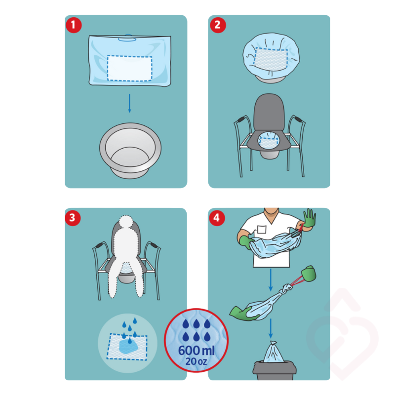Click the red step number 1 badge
[74, 25]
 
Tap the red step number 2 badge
[218, 25]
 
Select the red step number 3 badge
[73, 218]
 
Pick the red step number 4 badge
[217, 218]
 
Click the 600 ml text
[196, 351]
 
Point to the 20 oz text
[196, 361]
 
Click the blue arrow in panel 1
[129, 103]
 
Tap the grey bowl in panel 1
[130, 151]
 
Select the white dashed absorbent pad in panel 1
[129, 68]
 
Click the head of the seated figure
[126, 222]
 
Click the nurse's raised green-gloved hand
[309, 219]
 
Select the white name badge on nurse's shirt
[262, 230]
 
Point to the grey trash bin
[275, 371]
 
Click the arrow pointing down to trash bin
[271, 328]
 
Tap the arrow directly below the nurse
[271, 280]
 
